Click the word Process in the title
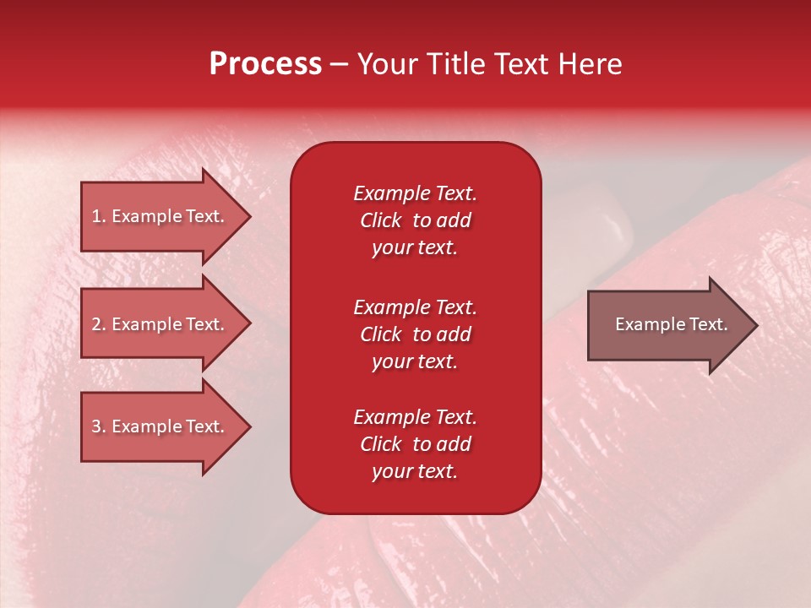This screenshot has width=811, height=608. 266,64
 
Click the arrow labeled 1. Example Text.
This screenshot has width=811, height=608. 166,216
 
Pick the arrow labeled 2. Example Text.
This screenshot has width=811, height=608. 166,323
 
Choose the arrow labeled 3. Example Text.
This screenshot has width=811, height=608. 166,426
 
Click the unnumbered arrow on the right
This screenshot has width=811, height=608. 672,324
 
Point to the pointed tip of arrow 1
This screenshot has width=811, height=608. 252,217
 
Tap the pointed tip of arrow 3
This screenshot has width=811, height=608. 252,426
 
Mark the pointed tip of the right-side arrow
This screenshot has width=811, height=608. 758,325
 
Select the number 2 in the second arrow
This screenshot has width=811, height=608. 96,323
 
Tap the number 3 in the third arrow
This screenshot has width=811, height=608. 96,426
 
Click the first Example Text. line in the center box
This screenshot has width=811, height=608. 416,193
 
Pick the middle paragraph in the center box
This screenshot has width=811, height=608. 416,334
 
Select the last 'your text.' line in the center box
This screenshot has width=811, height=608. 415,471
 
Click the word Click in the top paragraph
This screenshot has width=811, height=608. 381,220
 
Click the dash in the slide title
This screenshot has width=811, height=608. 340,66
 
